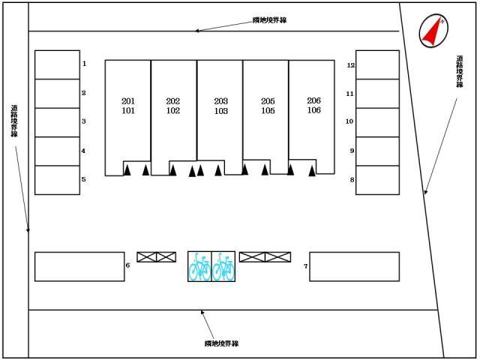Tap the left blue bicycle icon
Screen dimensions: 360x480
tap(199, 267)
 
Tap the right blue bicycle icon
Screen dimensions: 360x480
tap(223, 267)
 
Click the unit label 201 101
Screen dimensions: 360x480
tap(127, 106)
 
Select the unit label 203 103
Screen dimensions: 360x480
tap(220, 106)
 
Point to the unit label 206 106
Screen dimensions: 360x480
tap(313, 105)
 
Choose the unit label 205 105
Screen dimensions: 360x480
tap(268, 106)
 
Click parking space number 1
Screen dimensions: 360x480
tap(58, 64)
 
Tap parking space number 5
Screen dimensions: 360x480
tap(58, 180)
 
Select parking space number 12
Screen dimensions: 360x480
tap(377, 65)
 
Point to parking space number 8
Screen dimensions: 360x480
tap(377, 180)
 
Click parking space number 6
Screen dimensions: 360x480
tap(79, 266)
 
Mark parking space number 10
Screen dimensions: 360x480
tap(377, 121)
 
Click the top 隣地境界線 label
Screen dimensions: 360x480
tap(269, 20)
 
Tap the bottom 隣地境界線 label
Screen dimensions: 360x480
tap(221, 343)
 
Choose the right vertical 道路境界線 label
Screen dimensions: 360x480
tap(459, 72)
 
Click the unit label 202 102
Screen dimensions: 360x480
tap(173, 106)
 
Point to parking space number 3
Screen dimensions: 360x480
tap(58, 121)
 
